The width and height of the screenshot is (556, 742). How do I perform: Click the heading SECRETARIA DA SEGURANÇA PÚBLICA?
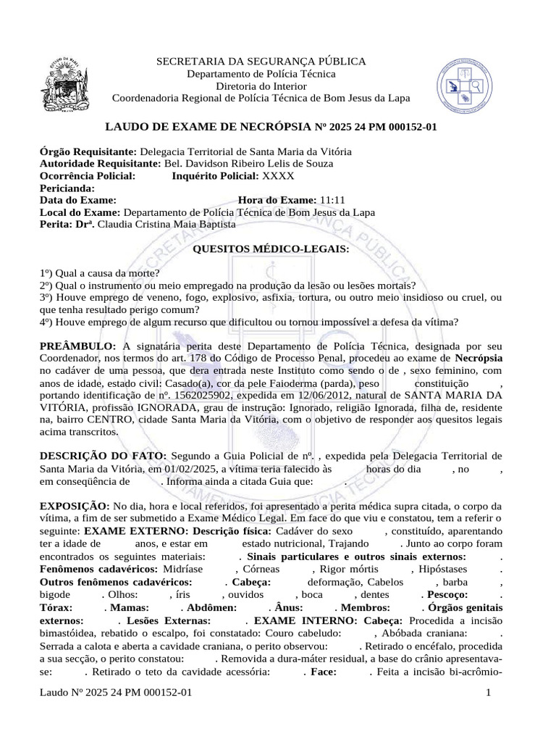point(261,62)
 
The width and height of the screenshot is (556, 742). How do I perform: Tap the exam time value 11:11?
point(331,200)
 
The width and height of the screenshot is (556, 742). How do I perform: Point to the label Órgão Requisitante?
point(87,151)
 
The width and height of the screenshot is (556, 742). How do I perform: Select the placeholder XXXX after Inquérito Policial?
point(279,176)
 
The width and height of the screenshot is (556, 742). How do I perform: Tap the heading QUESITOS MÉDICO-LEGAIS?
point(269,249)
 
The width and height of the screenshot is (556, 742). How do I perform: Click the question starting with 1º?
point(100,273)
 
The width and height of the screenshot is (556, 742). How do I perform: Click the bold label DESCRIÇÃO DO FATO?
point(104,455)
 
